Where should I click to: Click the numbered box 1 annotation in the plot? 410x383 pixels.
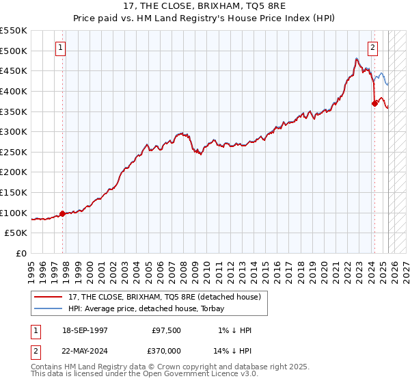61,48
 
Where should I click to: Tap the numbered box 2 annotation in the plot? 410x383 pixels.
373,48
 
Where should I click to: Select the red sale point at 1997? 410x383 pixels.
62,213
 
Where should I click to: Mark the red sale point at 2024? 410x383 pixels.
374,103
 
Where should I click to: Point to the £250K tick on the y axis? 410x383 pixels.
14,152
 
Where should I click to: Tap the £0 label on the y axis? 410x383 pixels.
20,253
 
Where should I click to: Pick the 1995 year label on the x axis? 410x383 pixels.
32,267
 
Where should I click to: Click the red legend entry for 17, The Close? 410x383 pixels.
164,297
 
